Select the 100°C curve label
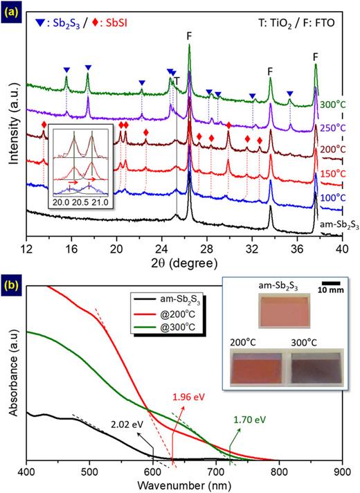pos(332,197)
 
